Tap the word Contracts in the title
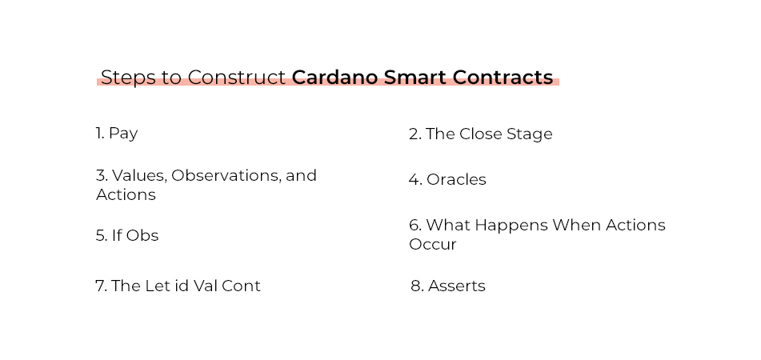click(x=503, y=78)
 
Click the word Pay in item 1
click(x=123, y=134)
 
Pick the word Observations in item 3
click(x=223, y=175)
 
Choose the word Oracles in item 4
click(x=456, y=180)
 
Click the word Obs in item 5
click(x=142, y=236)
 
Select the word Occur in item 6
click(x=432, y=245)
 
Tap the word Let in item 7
click(x=159, y=286)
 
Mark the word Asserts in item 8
click(x=457, y=286)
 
